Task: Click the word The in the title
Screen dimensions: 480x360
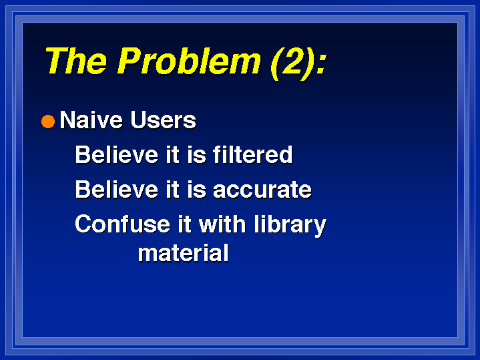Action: tap(77, 61)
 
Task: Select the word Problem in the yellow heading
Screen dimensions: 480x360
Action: tap(189, 61)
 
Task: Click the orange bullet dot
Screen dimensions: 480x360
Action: tap(48, 122)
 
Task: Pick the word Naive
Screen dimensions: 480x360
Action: tap(91, 120)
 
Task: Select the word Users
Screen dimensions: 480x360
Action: tap(163, 120)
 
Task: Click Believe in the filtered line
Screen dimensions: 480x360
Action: tap(117, 154)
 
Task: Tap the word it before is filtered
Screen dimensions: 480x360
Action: tap(172, 154)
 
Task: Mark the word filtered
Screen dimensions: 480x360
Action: tap(253, 154)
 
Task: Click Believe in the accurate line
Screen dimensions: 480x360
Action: tap(117, 189)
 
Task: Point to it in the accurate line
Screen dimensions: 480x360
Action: tap(172, 189)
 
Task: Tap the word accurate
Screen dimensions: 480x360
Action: tap(262, 190)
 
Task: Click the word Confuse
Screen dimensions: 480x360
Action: tap(122, 224)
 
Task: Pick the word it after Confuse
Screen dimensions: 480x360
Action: tap(185, 224)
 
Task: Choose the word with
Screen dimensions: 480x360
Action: tap(222, 224)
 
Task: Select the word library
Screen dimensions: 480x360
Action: tap(290, 226)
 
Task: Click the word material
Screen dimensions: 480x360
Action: tap(184, 252)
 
